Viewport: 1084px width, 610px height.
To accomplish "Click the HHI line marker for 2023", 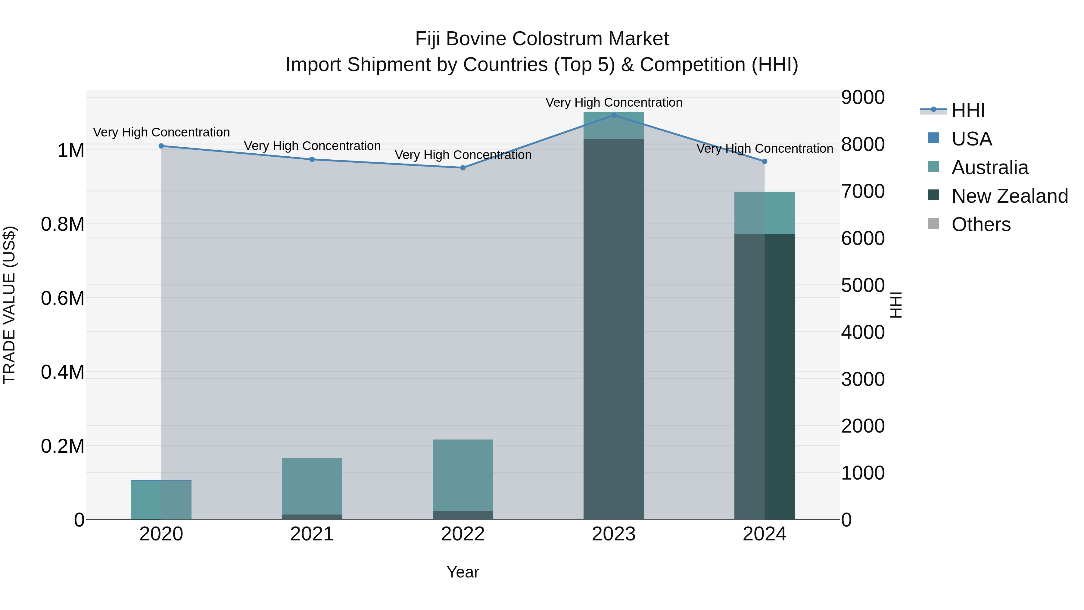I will pos(614,115).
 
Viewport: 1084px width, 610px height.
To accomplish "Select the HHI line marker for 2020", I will pos(161,146).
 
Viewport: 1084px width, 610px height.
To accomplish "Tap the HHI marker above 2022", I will pos(463,167).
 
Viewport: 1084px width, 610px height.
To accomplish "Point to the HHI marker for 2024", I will pos(765,161).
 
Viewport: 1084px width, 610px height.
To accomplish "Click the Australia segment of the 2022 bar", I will pos(463,475).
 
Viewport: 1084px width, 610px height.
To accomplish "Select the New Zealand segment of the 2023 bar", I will pos(614,328).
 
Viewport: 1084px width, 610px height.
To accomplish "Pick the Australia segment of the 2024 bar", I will pos(765,213).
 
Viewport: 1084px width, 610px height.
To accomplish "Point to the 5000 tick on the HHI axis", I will pos(863,286).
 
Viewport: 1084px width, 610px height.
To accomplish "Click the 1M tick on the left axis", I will pos(71,151).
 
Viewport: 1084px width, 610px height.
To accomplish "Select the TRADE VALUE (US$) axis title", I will pos(10,305).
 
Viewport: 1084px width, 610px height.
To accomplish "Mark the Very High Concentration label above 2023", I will pos(614,103).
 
